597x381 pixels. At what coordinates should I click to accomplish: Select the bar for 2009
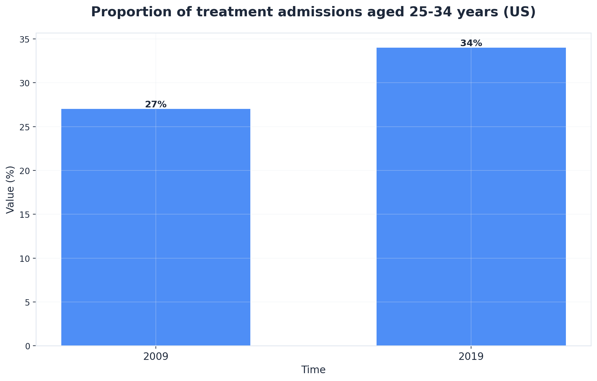[156, 227]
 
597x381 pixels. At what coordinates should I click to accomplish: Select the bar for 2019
[471, 196]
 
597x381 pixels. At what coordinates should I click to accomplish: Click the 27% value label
[156, 104]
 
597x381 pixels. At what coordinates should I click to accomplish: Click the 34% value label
[471, 43]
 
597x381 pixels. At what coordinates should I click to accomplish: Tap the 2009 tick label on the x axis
[156, 357]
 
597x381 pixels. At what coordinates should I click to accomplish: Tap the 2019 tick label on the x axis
[471, 357]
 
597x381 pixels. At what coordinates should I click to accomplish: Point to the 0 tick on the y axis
[28, 346]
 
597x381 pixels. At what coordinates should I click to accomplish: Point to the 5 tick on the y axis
[28, 302]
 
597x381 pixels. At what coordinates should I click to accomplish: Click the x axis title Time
[313, 370]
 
